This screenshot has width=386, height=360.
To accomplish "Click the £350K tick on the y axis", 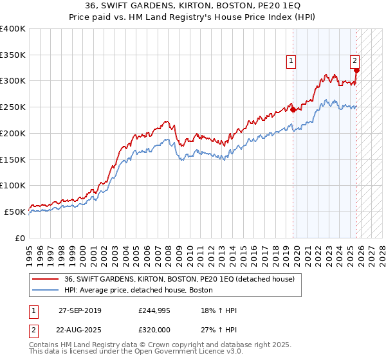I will point(13,55).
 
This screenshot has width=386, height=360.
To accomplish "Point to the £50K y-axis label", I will point(14,212).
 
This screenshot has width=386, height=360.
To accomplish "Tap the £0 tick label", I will point(21,238).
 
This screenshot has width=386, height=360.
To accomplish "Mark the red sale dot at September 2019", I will point(293,109).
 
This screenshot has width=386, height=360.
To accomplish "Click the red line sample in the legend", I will point(45,279).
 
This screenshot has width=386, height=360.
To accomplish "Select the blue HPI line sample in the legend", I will point(45,290).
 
